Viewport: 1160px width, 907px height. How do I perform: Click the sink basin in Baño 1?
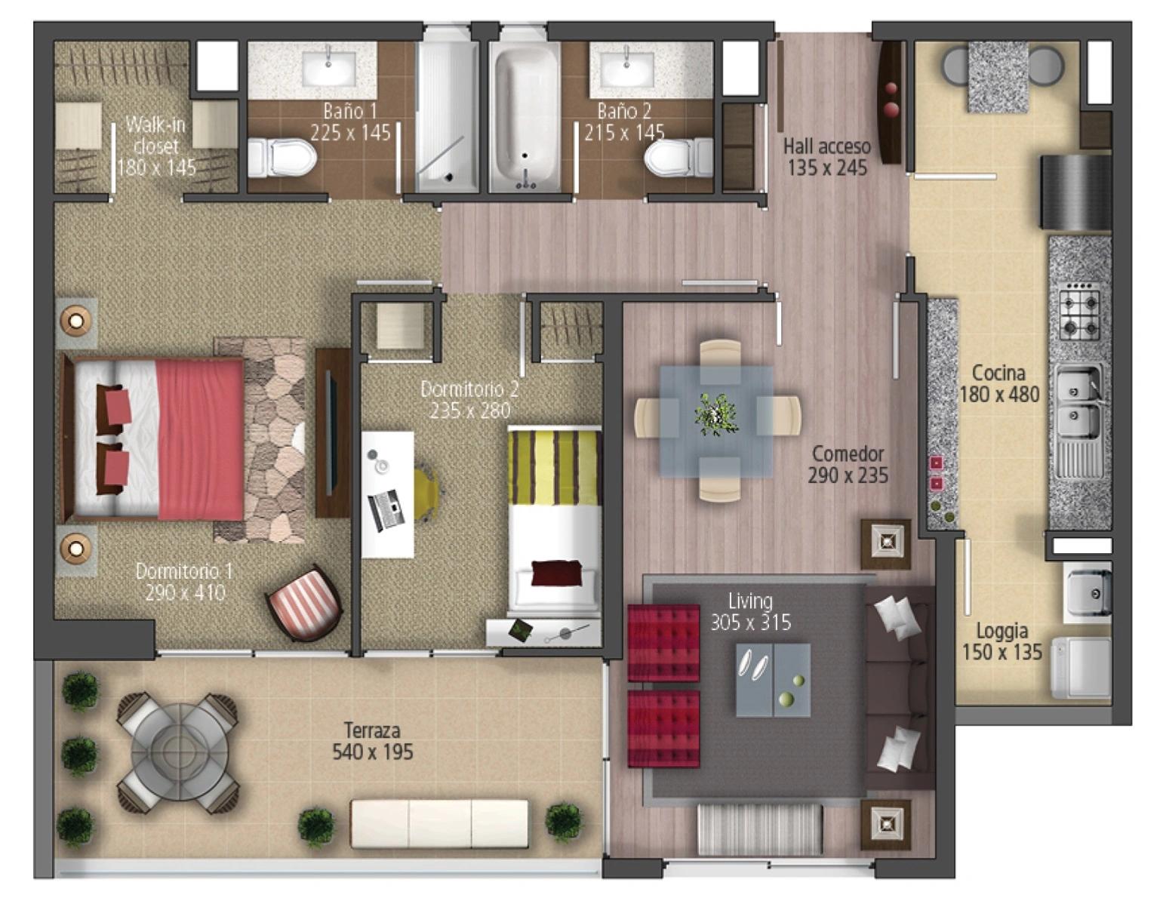[x=329, y=69]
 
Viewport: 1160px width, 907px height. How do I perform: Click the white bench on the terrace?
[x=439, y=823]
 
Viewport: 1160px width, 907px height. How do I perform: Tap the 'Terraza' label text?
[x=372, y=730]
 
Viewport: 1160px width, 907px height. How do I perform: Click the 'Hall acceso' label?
[x=826, y=146]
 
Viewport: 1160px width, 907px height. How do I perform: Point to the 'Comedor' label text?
[x=848, y=453]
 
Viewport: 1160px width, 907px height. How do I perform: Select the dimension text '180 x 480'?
[x=999, y=394]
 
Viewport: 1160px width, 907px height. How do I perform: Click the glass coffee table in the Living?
[x=774, y=679]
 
